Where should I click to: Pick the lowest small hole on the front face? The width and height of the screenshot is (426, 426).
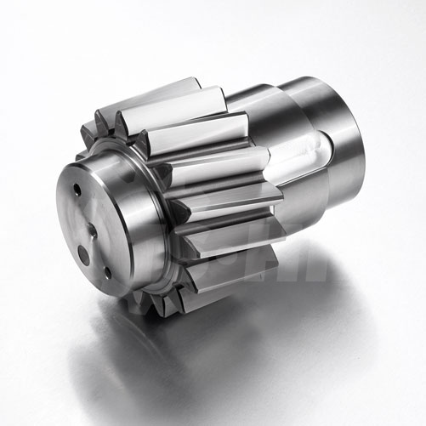coord(106,272)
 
